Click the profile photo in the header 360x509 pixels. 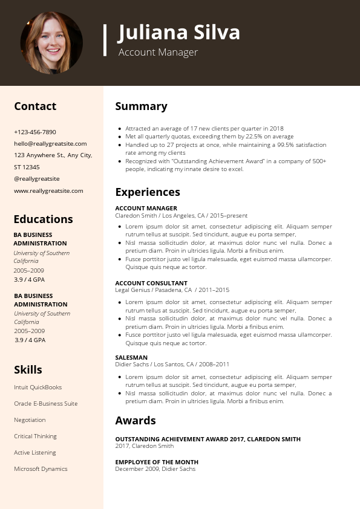point(51,42)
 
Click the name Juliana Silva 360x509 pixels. point(179,32)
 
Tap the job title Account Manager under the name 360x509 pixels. point(158,53)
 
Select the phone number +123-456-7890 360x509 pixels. point(35,132)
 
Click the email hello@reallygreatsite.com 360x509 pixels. point(50,144)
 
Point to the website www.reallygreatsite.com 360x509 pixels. point(48,190)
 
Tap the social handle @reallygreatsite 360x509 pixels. point(37,179)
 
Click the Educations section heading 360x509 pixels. point(43,219)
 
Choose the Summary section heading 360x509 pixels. point(141,106)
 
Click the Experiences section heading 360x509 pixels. point(148,192)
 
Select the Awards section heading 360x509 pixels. point(136,421)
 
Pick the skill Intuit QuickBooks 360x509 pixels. point(38,387)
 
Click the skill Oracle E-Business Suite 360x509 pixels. point(45,404)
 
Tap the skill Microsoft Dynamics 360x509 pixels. point(41,469)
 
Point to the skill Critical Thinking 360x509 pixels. point(35,436)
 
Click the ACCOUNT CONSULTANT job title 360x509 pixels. point(151,283)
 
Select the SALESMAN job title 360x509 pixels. point(131,357)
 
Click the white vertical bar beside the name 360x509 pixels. point(105,40)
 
